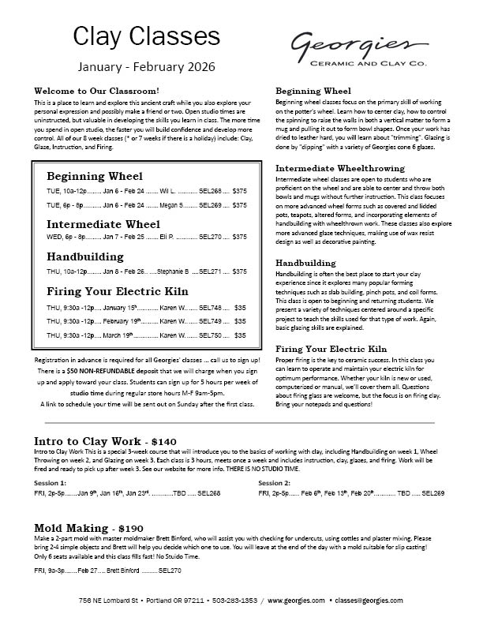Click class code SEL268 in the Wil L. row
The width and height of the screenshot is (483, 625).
211,191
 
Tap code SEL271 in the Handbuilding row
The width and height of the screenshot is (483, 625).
212,271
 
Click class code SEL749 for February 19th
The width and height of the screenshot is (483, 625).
212,321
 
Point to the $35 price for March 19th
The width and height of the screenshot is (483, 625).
241,335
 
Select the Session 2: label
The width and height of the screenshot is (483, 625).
275,481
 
